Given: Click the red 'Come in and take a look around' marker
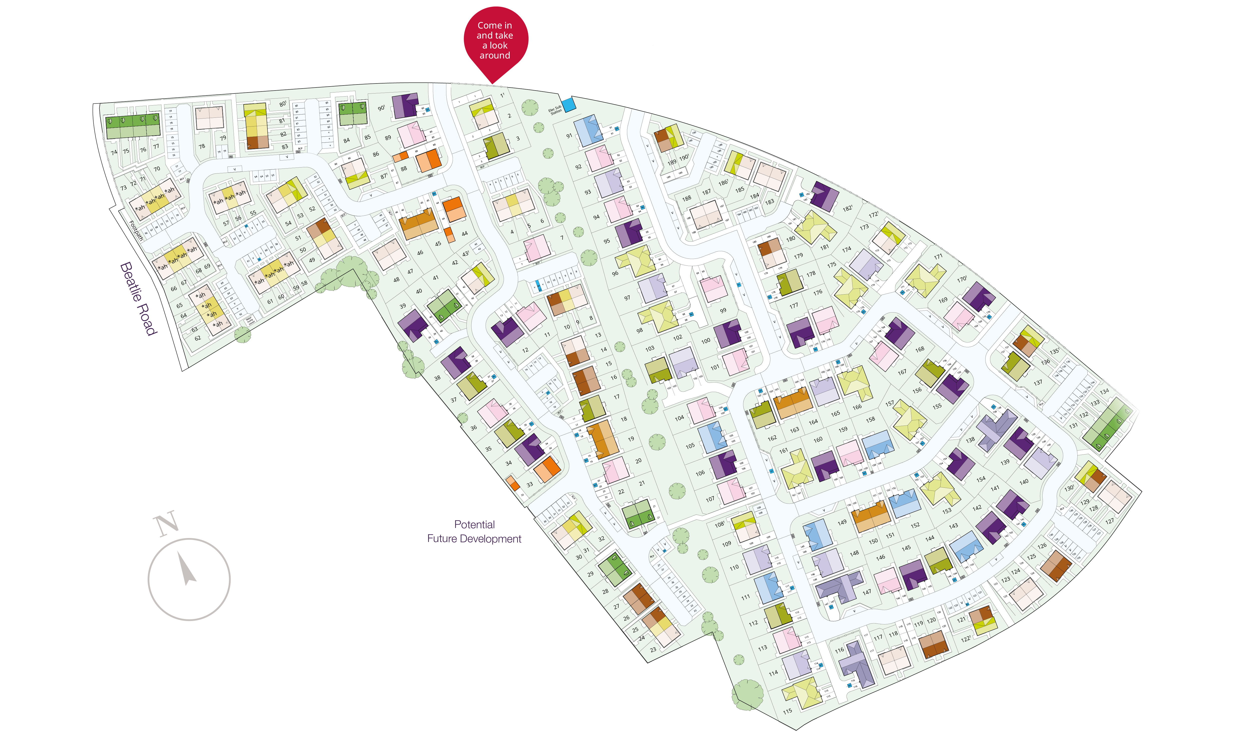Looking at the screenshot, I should pos(495,40).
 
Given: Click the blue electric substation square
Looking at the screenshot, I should pos(569,104).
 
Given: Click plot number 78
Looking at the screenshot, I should pos(202,146).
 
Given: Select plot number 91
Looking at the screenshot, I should pos(569,136).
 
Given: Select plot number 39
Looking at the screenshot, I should pos(403,306).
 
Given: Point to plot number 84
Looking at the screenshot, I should pos(346,140).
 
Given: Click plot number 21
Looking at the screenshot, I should pos(642,483).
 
